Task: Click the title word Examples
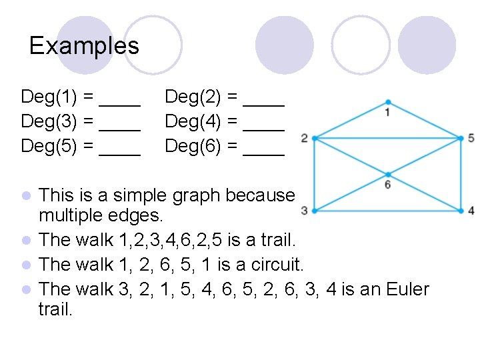(84, 45)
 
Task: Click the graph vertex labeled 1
(387, 102)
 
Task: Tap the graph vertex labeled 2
(314, 138)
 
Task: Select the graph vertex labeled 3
(314, 211)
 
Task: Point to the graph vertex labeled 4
(461, 211)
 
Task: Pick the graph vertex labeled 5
(461, 138)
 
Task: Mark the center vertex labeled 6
(387, 174)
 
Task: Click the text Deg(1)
(49, 97)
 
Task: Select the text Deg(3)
(49, 121)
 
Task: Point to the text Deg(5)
(49, 146)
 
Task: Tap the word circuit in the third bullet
(275, 264)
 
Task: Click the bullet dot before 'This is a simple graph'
(26, 196)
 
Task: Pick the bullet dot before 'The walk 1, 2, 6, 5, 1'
(26, 265)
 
